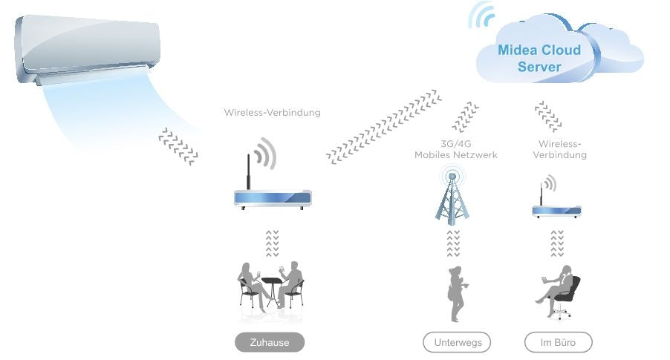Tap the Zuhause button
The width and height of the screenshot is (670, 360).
pyautogui.click(x=270, y=342)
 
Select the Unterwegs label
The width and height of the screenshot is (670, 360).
pyautogui.click(x=457, y=342)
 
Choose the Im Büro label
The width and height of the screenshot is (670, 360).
pyautogui.click(x=559, y=342)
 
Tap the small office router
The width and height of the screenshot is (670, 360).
pyautogui.click(x=556, y=210)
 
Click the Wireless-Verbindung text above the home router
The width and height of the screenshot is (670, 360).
pyautogui.click(x=272, y=113)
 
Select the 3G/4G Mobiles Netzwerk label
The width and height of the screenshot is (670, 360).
pyautogui.click(x=455, y=149)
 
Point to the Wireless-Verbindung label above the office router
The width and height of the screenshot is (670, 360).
pyautogui.click(x=562, y=149)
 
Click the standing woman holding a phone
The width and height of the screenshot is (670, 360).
pyautogui.click(x=455, y=293)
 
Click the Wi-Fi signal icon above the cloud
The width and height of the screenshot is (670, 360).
pyautogui.click(x=482, y=15)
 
